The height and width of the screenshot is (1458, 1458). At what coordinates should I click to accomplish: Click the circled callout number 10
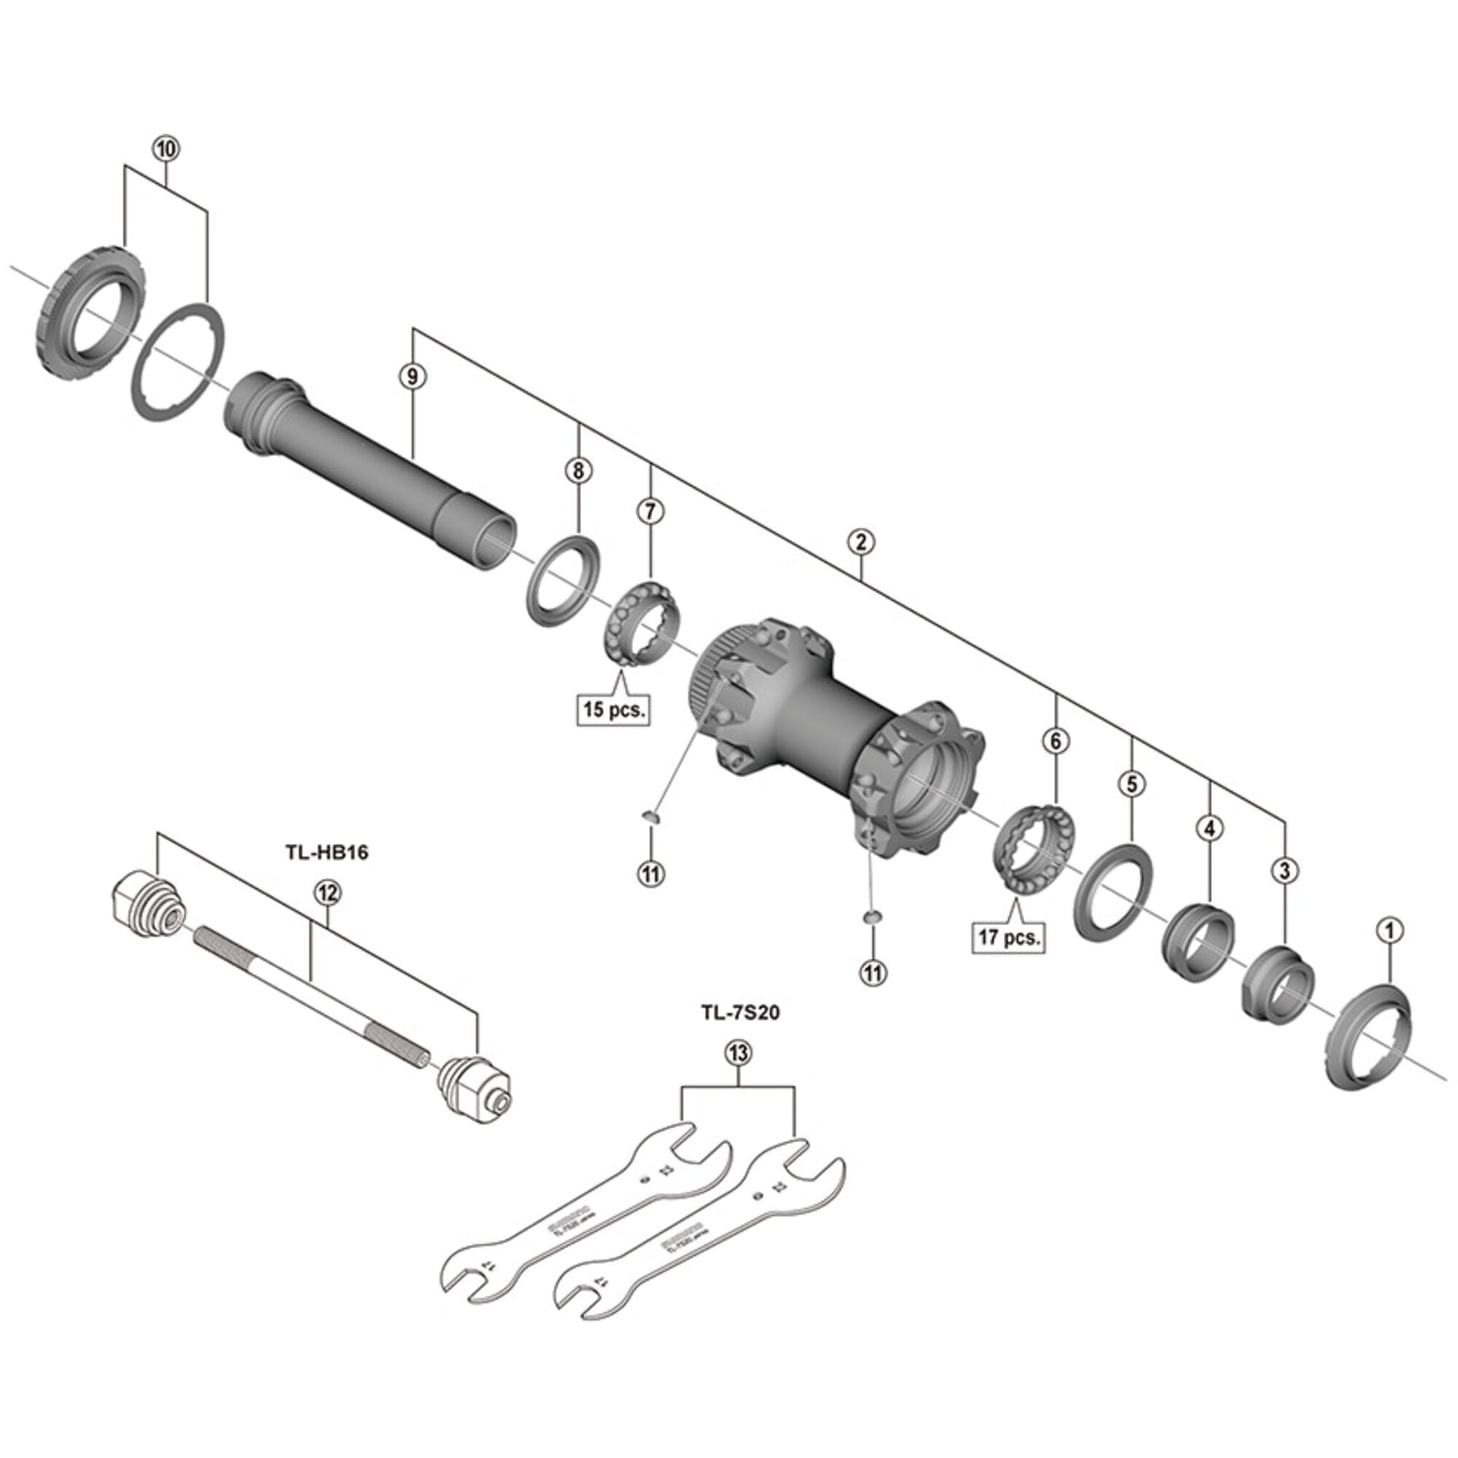tap(166, 149)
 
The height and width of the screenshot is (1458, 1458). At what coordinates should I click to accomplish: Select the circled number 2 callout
tap(860, 542)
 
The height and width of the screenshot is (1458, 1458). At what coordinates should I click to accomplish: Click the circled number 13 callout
tap(738, 1053)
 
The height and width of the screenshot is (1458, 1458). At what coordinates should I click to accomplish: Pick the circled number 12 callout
tap(327, 894)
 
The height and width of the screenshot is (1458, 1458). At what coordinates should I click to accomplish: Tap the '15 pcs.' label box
tap(613, 709)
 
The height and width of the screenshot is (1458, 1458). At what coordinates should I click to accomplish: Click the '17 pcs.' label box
tap(1009, 938)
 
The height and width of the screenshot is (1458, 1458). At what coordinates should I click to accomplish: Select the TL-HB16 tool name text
tap(326, 853)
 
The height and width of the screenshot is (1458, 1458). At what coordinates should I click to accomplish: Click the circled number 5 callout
tap(1131, 784)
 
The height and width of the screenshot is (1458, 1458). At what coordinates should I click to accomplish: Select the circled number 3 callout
tap(1284, 871)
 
